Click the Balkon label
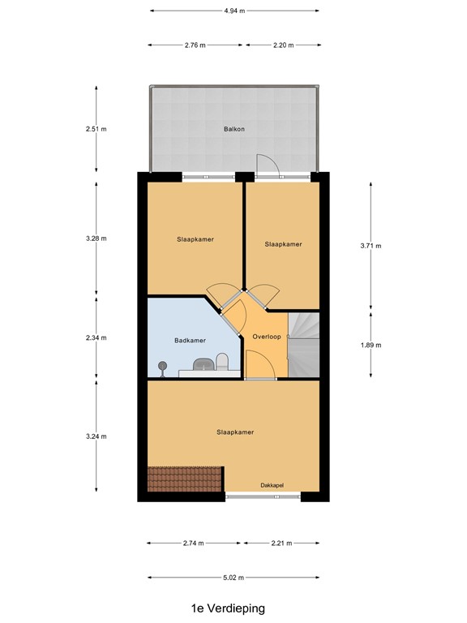[234, 129]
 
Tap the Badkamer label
[191, 341]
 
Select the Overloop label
[266, 336]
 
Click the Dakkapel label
[272, 484]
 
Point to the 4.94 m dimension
[233, 11]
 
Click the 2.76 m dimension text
[195, 45]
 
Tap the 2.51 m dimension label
[96, 128]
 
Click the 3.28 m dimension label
[96, 238]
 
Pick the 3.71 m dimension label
[371, 245]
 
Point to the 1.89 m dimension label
[371, 345]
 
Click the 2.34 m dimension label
[96, 338]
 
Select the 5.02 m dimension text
[233, 578]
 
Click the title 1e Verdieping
[228, 608]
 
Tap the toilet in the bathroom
[221, 360]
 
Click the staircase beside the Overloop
[305, 345]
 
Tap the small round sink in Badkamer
[162, 367]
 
